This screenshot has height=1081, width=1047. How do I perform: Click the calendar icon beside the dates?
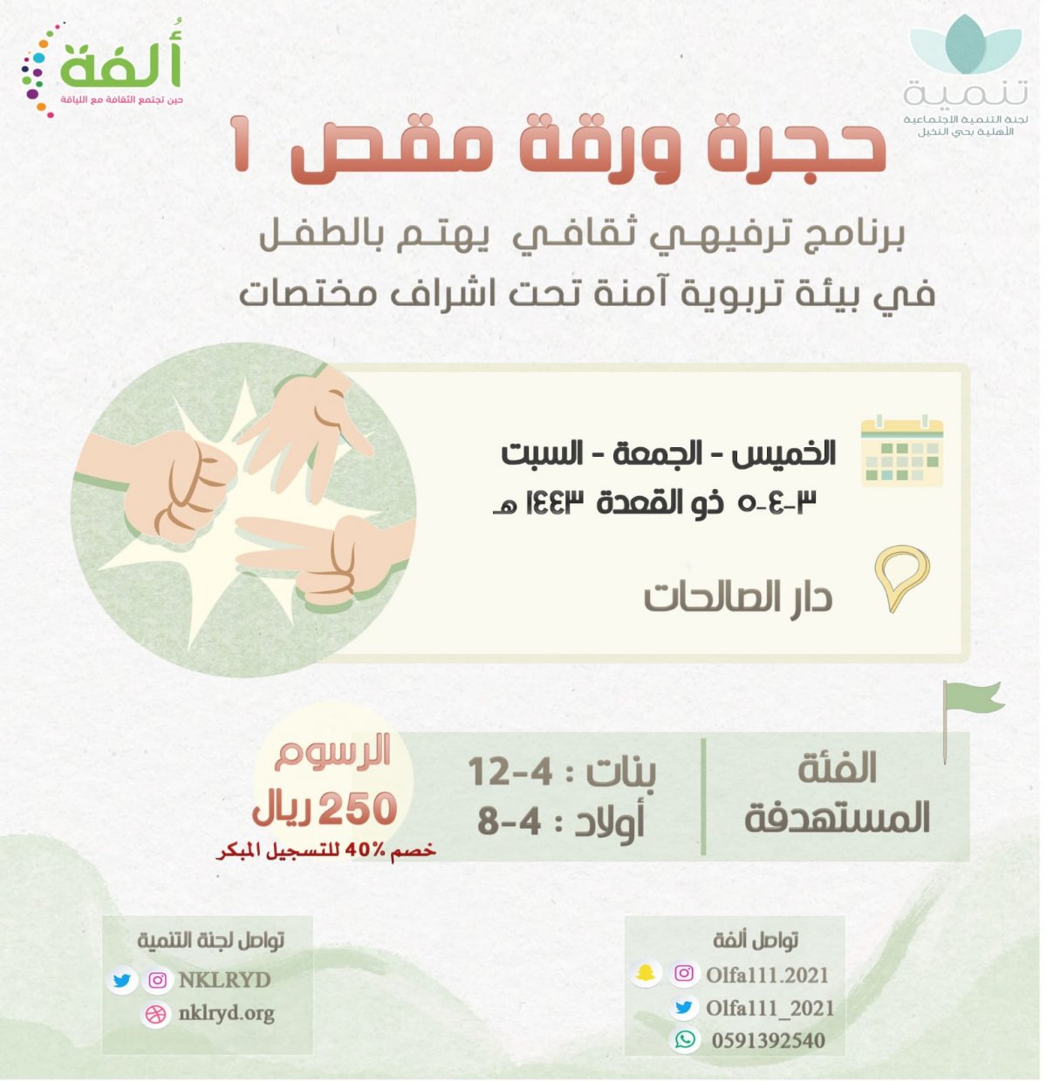click(x=901, y=451)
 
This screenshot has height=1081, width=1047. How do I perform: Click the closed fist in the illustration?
click(x=167, y=483)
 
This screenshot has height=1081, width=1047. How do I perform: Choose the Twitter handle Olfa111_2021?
click(x=770, y=1009)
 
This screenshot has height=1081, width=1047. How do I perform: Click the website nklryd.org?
click(x=226, y=1014)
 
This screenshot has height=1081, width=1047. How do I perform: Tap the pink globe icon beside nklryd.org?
click(x=155, y=1015)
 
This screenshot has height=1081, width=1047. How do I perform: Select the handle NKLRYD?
click(x=224, y=981)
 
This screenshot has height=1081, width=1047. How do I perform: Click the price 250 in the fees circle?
click(x=358, y=809)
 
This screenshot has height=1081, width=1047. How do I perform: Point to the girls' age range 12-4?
click(x=510, y=772)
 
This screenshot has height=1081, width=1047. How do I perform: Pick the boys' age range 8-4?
click(x=510, y=821)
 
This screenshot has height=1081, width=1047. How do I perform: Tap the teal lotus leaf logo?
click(x=966, y=44)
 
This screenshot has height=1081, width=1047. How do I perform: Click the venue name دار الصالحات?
click(x=738, y=598)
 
